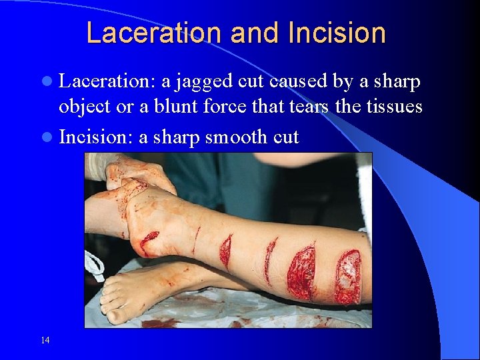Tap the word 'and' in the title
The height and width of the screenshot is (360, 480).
pyautogui.click(x=247, y=33)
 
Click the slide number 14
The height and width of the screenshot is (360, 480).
pyautogui.click(x=45, y=340)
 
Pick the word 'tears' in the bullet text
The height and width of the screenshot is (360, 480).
pyautogui.click(x=306, y=107)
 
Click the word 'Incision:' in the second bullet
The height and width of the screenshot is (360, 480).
pyautogui.click(x=96, y=137)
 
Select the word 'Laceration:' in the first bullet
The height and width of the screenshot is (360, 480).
pyautogui.click(x=107, y=83)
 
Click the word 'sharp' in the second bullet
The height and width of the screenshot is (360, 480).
pyautogui.click(x=177, y=137)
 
